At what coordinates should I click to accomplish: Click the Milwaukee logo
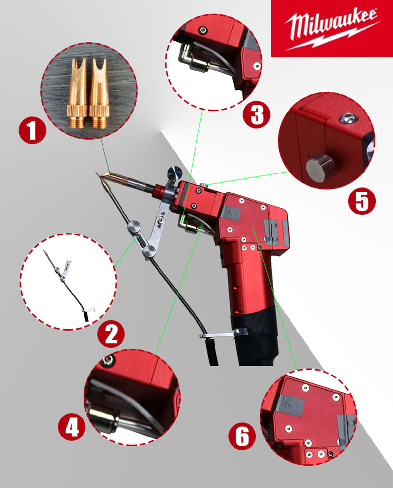pyautogui.click(x=332, y=29)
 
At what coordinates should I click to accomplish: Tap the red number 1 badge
pyautogui.click(x=32, y=131)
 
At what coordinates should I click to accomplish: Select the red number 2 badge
pyautogui.click(x=111, y=334)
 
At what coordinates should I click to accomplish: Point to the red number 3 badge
pyautogui.click(x=256, y=114)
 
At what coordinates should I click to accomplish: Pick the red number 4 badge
pyautogui.click(x=72, y=427)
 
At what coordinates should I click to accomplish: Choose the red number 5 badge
pyautogui.click(x=362, y=201)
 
